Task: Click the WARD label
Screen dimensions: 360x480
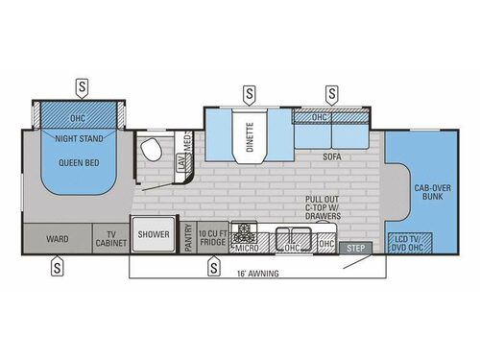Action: [x=57, y=236]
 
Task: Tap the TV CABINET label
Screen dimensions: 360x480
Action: [x=109, y=236]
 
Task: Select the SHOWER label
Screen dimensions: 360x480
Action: [x=154, y=233]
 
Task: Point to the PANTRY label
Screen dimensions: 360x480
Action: [x=188, y=238]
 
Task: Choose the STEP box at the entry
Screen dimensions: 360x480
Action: [x=355, y=248]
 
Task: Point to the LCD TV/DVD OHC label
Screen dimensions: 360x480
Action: [x=404, y=241]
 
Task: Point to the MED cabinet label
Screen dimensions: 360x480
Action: [x=188, y=141]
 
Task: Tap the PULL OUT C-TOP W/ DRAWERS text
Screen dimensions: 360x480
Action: [x=320, y=205]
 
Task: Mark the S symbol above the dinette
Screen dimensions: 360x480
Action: [x=250, y=93]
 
